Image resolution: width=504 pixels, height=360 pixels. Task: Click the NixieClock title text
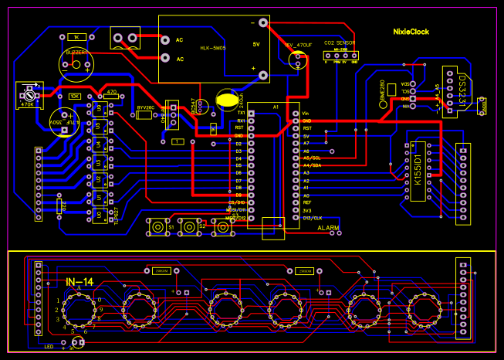coord(409,32)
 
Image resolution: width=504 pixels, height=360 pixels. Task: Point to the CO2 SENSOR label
coord(340,42)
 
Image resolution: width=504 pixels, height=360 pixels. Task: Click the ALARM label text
coord(329,229)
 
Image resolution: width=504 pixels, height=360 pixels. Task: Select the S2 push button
coord(189,226)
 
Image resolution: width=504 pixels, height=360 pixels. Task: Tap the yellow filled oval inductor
coord(228,99)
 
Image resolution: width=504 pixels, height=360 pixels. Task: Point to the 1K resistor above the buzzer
coord(77,37)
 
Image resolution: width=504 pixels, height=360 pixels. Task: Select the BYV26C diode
coord(144,115)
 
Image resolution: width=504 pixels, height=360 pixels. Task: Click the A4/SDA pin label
coord(311,165)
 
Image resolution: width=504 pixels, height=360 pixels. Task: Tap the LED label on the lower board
coord(49,346)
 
